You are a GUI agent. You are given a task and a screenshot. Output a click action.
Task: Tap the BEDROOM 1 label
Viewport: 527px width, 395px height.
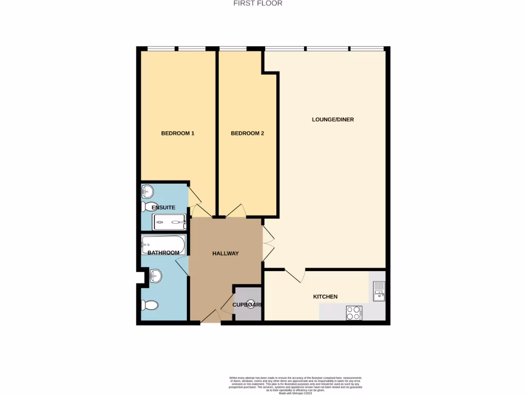pyautogui.click(x=178, y=133)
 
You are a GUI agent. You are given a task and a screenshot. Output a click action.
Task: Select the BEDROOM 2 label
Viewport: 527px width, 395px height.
pyautogui.click(x=247, y=133)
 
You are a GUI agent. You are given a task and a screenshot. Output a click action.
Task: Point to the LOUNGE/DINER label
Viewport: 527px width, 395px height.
pyautogui.click(x=333, y=119)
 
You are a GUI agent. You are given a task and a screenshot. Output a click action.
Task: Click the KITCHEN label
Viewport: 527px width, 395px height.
pyautogui.click(x=325, y=297)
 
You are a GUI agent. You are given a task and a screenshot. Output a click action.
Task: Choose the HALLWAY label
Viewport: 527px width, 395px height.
pyautogui.click(x=225, y=254)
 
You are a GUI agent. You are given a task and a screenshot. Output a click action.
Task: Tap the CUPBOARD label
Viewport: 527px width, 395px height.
pyautogui.click(x=248, y=305)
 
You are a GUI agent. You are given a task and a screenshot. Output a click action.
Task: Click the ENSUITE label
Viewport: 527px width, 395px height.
pyautogui.click(x=163, y=207)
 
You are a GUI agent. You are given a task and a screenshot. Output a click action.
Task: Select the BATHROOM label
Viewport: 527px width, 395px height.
pyautogui.click(x=163, y=253)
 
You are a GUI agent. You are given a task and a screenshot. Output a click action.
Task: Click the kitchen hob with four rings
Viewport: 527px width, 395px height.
pyautogui.click(x=354, y=313)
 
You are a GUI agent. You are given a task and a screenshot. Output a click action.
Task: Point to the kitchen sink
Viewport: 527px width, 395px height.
pyautogui.click(x=379, y=291)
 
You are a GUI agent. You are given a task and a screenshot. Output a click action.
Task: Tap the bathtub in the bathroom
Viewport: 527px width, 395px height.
pyautogui.click(x=163, y=245)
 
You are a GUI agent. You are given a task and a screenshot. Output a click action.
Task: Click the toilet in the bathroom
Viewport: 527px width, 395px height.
pyautogui.click(x=149, y=306)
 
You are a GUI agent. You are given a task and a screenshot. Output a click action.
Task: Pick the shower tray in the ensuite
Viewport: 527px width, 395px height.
pyautogui.click(x=169, y=223)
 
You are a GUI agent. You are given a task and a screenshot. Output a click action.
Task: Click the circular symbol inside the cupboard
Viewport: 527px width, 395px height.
pyautogui.click(x=251, y=303)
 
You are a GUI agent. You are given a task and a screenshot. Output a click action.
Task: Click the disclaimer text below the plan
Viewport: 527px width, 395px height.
pyautogui.click(x=303, y=385)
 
